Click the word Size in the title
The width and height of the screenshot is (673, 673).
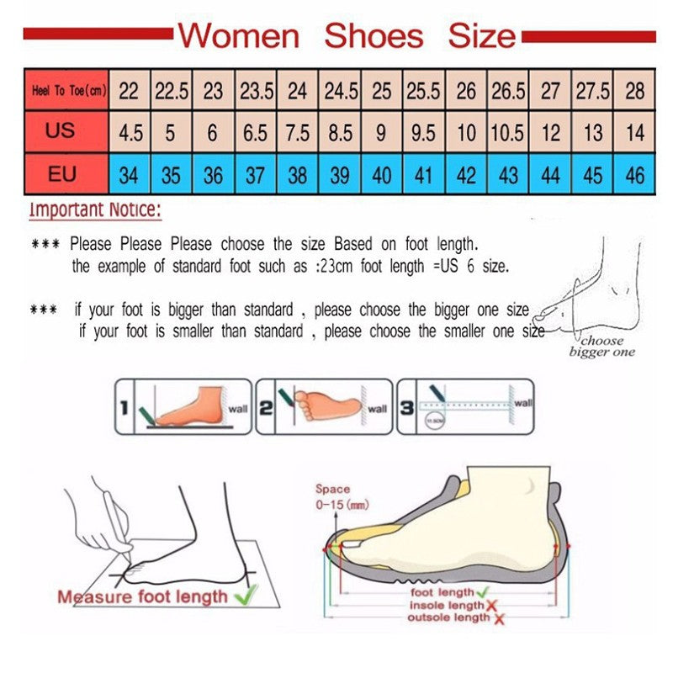[x=481, y=35]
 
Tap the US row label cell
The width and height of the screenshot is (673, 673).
[x=61, y=131]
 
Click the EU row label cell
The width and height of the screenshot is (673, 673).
[x=61, y=174]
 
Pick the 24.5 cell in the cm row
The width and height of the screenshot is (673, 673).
[x=340, y=91]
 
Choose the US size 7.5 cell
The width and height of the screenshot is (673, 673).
[x=297, y=133]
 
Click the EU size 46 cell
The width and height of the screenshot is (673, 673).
[x=635, y=175]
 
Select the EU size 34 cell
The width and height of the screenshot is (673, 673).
[x=129, y=175]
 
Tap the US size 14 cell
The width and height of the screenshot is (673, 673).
[x=635, y=133]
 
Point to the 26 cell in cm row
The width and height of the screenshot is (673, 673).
[x=466, y=91]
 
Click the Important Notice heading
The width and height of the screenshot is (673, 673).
[x=95, y=209]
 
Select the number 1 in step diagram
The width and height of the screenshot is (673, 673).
[x=122, y=409]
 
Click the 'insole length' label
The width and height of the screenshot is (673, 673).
[x=446, y=605]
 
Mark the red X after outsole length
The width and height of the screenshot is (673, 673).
[x=499, y=619]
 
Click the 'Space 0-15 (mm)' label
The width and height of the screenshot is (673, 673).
[x=335, y=496]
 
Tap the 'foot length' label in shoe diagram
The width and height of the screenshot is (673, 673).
[x=442, y=592]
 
